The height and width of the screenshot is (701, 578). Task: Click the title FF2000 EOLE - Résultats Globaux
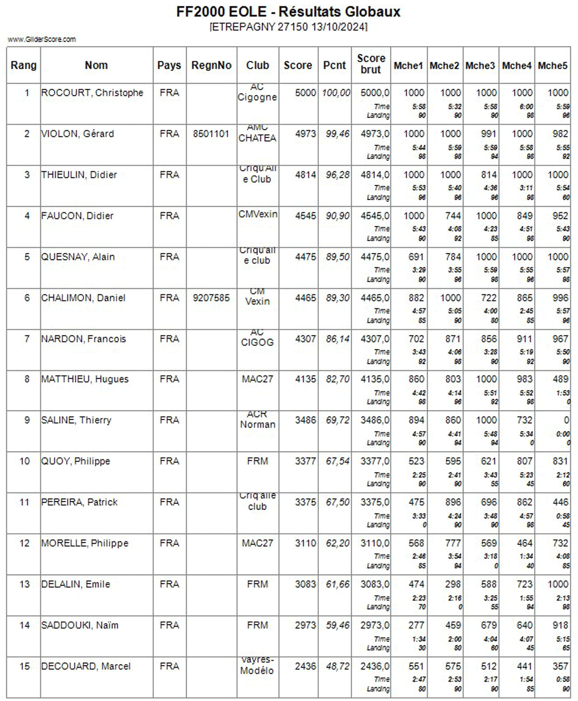[288, 12]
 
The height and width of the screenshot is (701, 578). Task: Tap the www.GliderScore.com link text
[42, 39]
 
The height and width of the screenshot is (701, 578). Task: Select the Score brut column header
[371, 64]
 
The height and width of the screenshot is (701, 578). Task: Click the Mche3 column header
[480, 65]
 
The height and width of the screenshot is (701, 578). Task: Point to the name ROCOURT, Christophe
[93, 93]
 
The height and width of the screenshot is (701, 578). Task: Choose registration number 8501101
[211, 134]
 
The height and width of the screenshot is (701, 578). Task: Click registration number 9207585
[211, 298]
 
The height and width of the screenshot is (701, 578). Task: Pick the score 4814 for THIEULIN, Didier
[305, 175]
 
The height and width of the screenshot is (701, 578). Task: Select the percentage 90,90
[337, 216]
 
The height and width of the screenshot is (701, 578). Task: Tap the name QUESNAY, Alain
[78, 257]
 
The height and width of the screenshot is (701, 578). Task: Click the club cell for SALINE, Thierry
[258, 420]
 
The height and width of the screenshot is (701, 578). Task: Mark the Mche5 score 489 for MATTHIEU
[560, 379]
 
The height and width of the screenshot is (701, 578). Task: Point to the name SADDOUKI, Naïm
[80, 625]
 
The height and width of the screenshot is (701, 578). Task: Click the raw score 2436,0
[375, 666]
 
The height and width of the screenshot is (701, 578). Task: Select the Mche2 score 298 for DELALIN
[453, 584]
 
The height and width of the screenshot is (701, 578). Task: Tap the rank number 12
[24, 543]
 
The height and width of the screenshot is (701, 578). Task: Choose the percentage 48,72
[337, 666]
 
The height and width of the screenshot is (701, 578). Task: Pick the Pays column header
[169, 65]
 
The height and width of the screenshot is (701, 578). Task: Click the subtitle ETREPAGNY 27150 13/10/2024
[288, 26]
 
